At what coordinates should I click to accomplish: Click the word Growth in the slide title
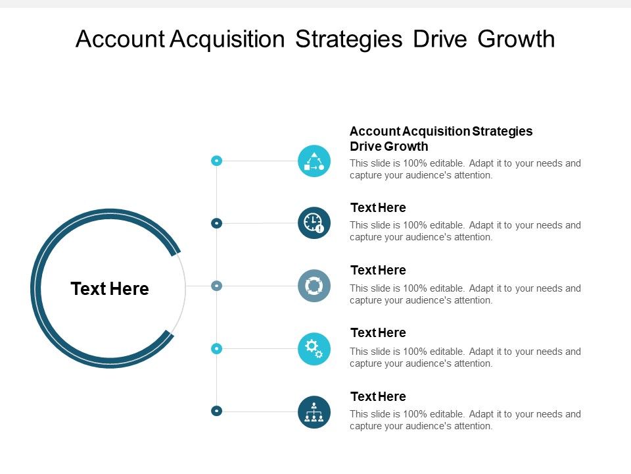pos(516,39)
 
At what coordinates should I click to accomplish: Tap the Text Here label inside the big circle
pos(110,289)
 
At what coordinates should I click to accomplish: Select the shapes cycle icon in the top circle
pos(314,161)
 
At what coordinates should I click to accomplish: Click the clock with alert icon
pos(314,223)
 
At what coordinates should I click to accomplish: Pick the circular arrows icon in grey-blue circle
pos(314,286)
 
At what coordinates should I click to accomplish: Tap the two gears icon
pos(314,348)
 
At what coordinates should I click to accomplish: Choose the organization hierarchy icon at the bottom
pos(314,411)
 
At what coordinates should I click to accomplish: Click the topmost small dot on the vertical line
pos(216,161)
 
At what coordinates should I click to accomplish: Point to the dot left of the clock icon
pos(216,223)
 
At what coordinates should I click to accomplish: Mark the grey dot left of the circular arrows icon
pos(216,286)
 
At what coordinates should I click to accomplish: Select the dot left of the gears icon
pos(216,348)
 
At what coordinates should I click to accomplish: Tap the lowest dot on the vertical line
pos(216,411)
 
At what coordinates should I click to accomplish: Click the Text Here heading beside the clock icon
pos(378,208)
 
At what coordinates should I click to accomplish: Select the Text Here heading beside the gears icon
pos(378,333)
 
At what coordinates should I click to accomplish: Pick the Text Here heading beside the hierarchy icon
pos(378,396)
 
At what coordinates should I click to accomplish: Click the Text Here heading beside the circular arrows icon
pos(378,271)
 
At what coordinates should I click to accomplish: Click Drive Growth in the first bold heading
pos(388,146)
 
